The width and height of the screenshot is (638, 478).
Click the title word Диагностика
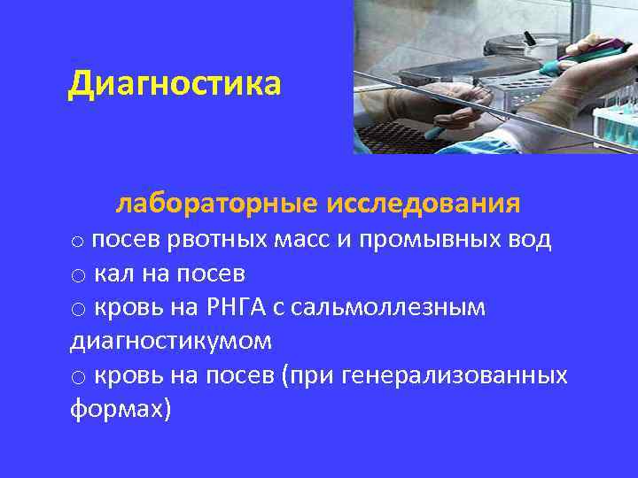[175, 84]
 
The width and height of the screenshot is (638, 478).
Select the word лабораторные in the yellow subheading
[216, 204]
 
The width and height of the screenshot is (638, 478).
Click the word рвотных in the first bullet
[212, 240]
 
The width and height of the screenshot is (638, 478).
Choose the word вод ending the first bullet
[531, 240]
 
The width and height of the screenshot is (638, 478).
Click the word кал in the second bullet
[113, 274]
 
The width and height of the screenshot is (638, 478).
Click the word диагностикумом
[170, 341]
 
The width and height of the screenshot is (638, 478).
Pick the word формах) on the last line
[121, 409]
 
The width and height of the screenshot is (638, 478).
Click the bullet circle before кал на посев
[79, 276]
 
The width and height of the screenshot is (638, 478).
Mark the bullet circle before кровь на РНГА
[79, 310]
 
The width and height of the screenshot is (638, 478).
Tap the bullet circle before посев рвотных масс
[79, 242]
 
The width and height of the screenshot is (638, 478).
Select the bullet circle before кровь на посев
[79, 378]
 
